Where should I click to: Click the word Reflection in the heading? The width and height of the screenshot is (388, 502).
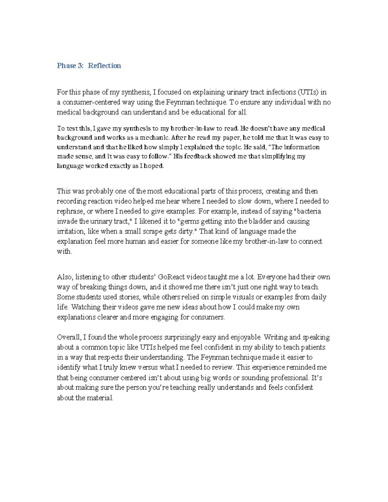[104, 66]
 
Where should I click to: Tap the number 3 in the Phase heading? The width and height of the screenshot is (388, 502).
[80, 66]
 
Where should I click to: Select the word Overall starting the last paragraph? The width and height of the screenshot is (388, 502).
[69, 337]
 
